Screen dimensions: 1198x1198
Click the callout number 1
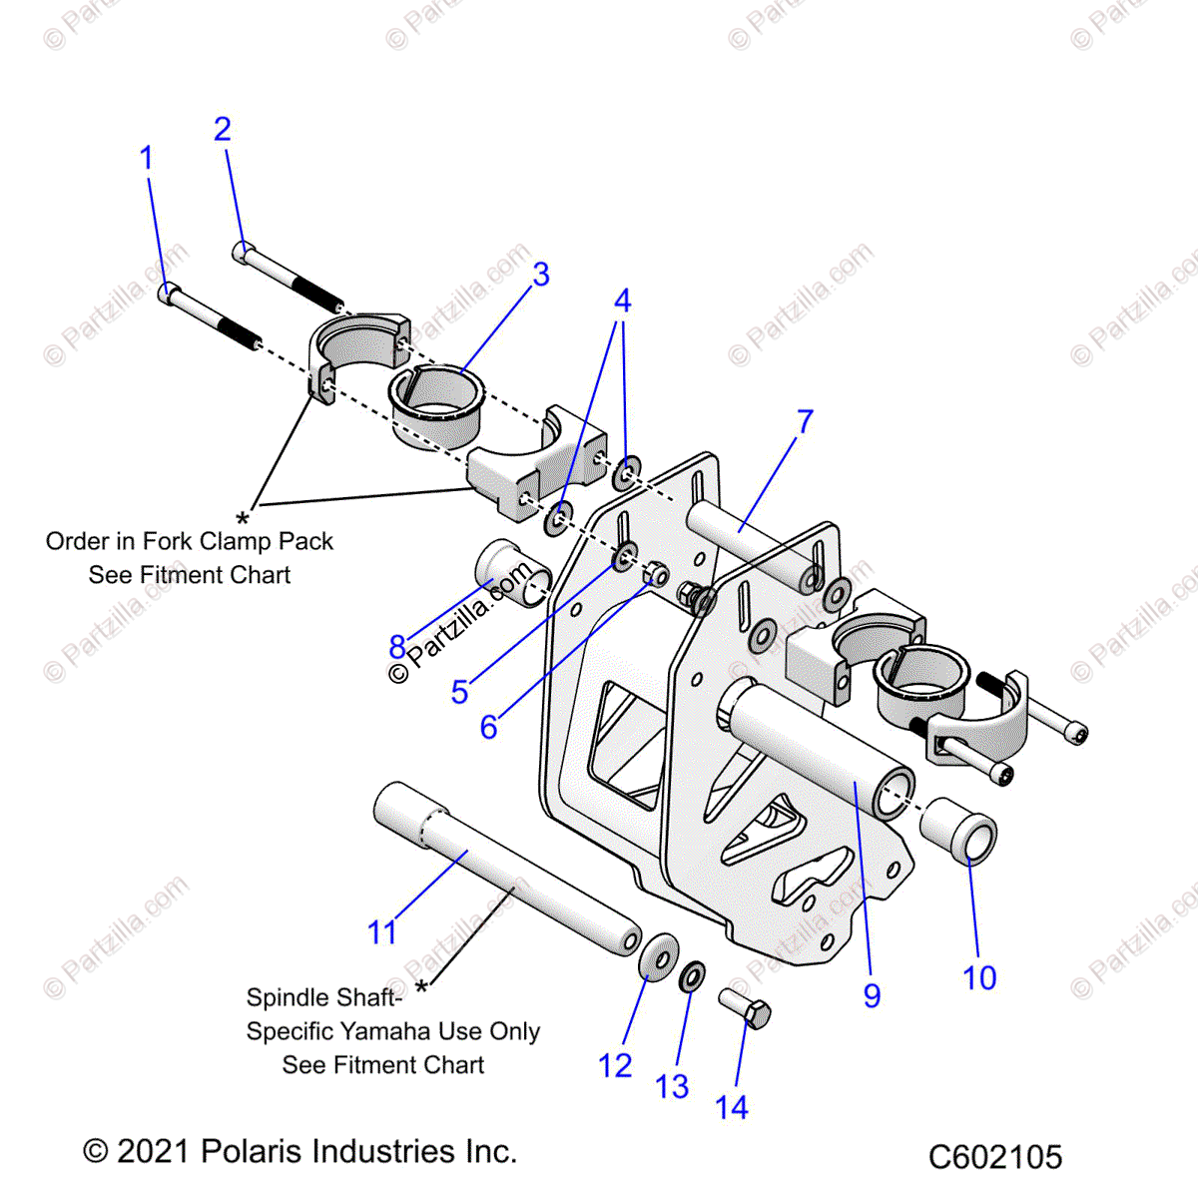click(x=147, y=158)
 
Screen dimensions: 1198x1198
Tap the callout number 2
click(x=222, y=129)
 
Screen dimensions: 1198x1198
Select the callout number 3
click(x=540, y=275)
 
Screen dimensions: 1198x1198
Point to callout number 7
click(x=805, y=421)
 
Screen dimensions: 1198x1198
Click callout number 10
click(x=979, y=977)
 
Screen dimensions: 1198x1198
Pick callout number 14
click(x=731, y=1107)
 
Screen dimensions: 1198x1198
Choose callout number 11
click(x=382, y=932)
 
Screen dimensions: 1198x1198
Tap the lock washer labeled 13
click(x=692, y=976)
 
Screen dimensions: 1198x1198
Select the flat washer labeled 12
click(x=656, y=956)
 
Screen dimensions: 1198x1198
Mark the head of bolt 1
click(x=169, y=295)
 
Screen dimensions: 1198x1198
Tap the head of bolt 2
click(x=243, y=252)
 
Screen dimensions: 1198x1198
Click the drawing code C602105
click(x=994, y=1157)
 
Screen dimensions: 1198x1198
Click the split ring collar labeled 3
click(x=435, y=399)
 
